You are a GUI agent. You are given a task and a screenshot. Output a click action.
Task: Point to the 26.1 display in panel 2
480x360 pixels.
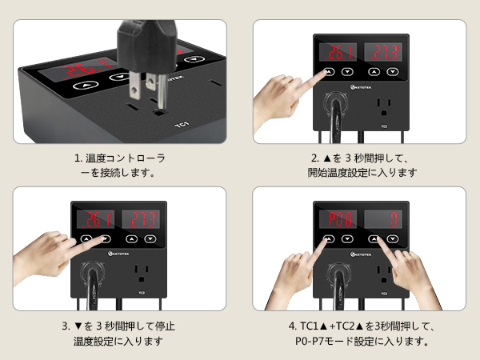(x=338, y=52)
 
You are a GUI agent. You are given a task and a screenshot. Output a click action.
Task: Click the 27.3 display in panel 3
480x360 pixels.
(x=140, y=218)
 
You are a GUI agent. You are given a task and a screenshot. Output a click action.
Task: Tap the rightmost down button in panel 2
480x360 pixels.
(x=393, y=70)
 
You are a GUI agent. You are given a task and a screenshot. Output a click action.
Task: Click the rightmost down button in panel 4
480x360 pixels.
(x=393, y=238)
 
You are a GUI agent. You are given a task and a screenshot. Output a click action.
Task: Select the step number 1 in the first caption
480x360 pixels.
(x=76, y=158)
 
